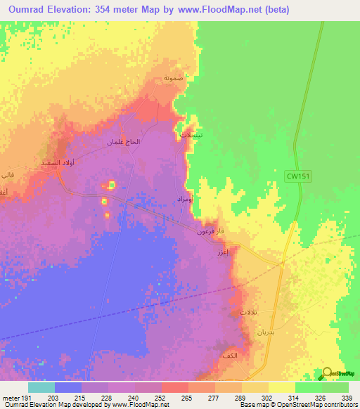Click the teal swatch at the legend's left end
click(41, 387)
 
